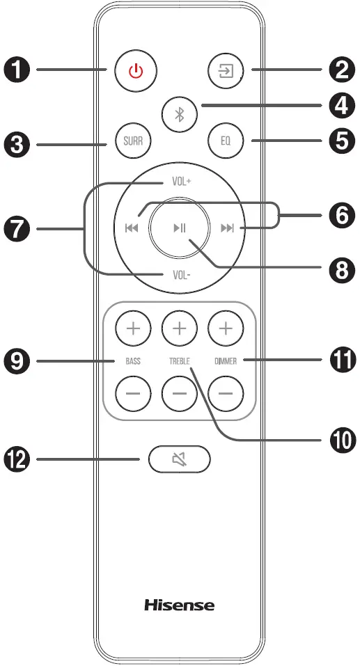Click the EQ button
coord(226,144)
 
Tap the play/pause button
coord(179,228)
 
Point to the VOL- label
coord(182,274)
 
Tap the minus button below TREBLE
coord(179,395)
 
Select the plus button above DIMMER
coord(226,328)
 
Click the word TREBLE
coord(179,362)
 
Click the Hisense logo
coord(179,604)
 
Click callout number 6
coord(341,216)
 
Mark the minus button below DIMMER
coord(226,395)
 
